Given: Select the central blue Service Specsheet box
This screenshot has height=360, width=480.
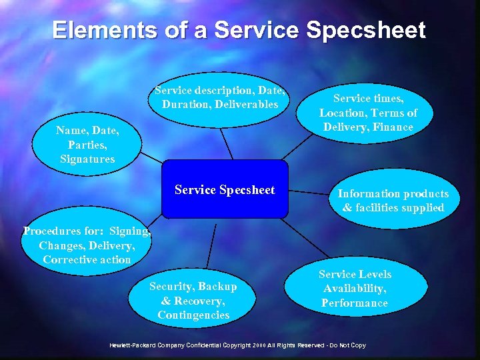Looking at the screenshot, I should coord(225,190).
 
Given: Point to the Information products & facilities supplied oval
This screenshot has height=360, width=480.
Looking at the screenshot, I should coord(393,201).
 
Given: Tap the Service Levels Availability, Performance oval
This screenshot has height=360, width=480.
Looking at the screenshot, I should coord(355,289).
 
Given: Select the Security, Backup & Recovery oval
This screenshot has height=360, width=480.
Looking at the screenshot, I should coord(193,300).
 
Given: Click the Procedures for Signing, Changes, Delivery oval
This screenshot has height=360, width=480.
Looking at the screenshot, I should coord(87,245).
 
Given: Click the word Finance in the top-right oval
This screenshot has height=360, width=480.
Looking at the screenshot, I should coord(393,127).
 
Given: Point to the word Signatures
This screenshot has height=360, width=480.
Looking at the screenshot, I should coord(87,159).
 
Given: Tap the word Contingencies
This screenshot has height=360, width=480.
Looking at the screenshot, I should coord(193,315).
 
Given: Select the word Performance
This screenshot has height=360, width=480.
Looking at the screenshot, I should coord(355,303).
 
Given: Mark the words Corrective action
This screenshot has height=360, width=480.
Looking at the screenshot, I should coord(87,260).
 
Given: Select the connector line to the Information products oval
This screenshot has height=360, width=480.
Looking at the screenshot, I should coord(311,193).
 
